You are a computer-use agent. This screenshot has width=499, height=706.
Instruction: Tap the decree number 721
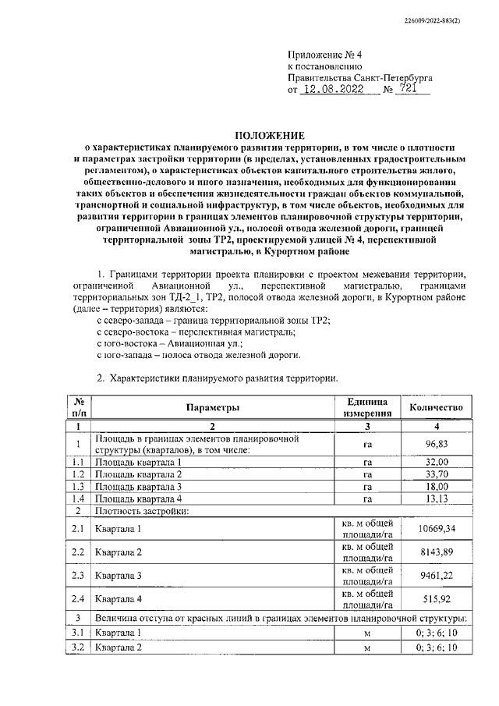tap(406, 90)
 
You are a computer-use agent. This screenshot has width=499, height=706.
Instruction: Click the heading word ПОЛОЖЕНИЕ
tap(270, 135)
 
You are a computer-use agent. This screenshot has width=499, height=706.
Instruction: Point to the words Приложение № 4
tap(320, 55)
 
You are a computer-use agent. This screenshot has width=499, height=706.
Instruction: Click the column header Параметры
tap(212, 407)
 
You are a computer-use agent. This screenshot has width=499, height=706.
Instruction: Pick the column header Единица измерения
tap(366, 407)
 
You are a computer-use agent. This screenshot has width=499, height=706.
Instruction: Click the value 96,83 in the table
tap(436, 445)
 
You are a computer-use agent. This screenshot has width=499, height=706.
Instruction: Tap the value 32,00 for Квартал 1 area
tap(436, 462)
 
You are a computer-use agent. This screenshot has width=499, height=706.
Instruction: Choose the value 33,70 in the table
tap(436, 474)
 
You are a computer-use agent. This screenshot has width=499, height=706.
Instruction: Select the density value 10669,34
tap(436, 529)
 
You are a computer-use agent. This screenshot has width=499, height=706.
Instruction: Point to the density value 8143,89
tap(436, 552)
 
